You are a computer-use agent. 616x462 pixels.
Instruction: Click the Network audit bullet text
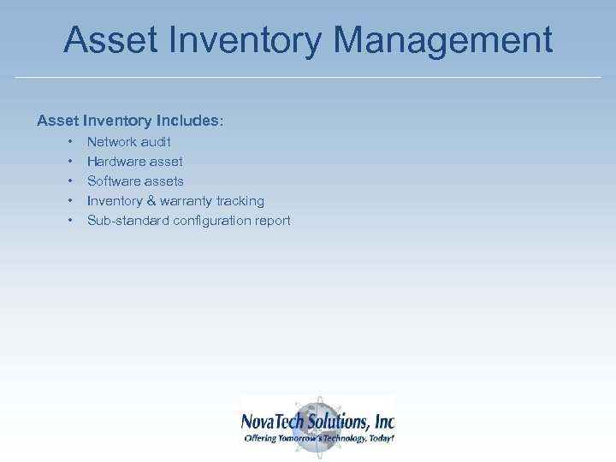128,142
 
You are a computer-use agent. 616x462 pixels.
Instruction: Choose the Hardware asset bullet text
134,162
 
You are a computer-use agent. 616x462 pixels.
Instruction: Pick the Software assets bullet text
135,181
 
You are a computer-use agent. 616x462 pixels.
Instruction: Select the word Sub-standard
127,221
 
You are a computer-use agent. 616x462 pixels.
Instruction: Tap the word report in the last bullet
273,221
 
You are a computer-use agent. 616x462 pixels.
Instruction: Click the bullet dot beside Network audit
68,142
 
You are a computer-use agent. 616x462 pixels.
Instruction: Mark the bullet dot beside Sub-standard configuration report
68,221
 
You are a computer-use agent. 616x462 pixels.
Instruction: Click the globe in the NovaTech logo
317,412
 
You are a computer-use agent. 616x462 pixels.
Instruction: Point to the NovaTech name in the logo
272,422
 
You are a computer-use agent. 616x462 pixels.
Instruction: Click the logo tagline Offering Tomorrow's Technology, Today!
319,438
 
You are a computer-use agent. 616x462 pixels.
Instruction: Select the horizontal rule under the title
308,78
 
